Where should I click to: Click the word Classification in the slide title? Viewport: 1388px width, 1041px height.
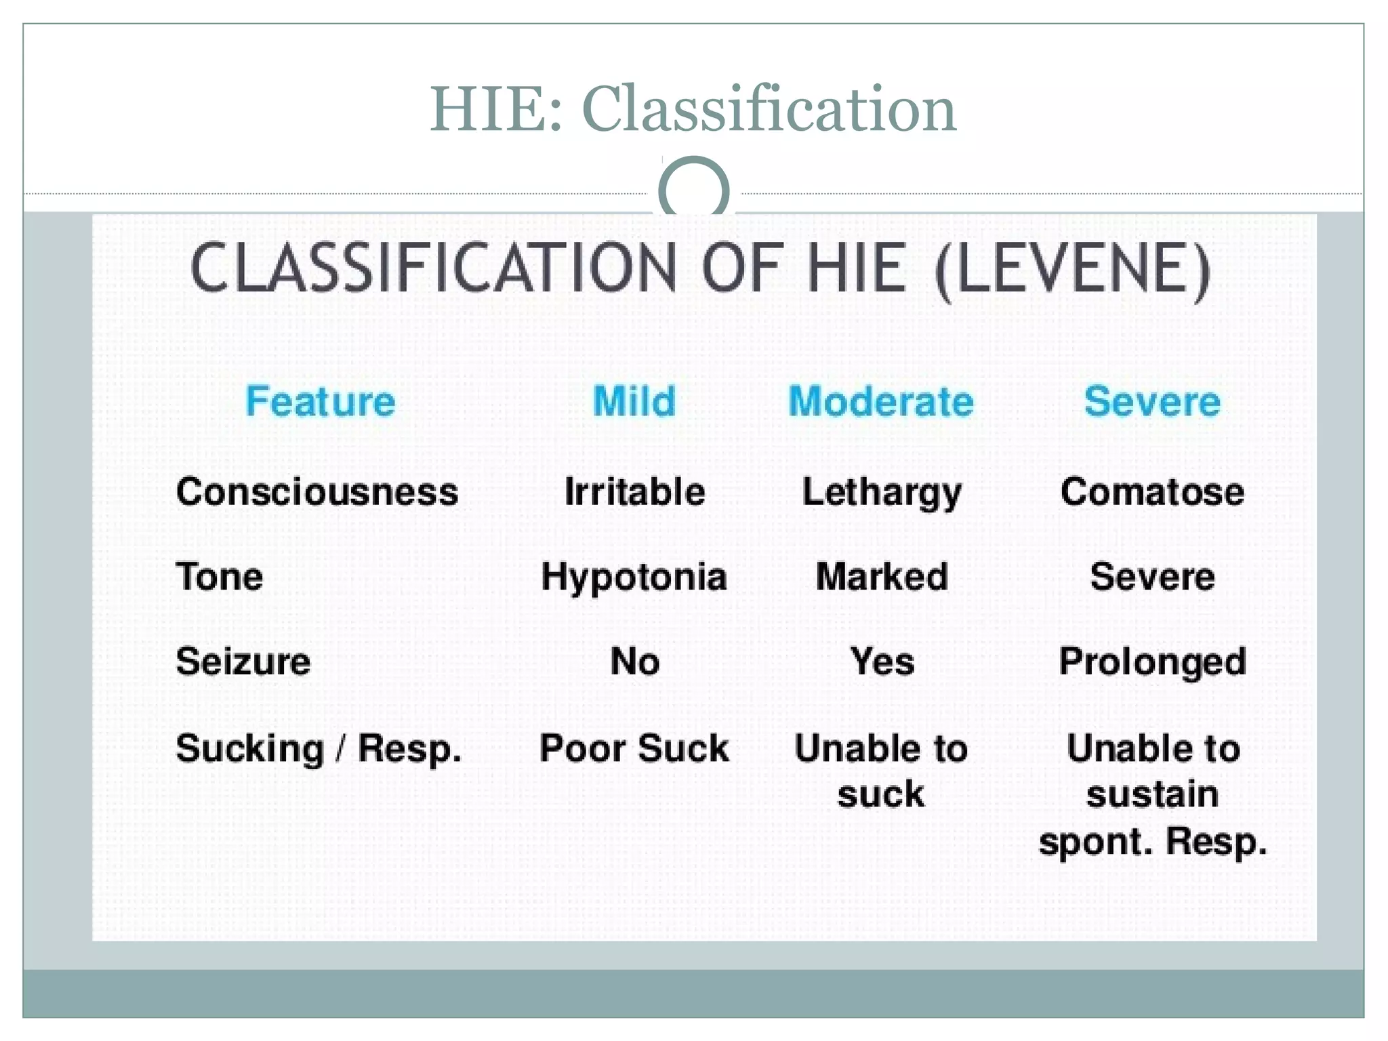pos(769,110)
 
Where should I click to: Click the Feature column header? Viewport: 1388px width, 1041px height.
pos(320,401)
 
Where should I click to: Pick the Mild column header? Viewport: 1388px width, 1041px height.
pos(634,401)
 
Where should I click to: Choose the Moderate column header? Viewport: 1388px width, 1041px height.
pos(881,401)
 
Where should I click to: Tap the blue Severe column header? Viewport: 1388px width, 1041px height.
pos(1152,401)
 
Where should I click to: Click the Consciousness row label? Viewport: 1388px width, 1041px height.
pos(317,491)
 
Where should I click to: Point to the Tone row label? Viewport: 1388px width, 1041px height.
pos(220,577)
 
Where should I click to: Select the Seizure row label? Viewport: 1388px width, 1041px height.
pos(243,661)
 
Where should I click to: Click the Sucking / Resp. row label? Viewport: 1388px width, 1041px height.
pos(319,750)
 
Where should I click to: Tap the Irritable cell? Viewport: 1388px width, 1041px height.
pos(634,491)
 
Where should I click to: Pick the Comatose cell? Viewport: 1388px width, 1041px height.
pos(1152,491)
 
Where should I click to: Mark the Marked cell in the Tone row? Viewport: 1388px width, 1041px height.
pos(882,577)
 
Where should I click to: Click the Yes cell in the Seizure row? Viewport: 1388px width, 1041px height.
pos(882,661)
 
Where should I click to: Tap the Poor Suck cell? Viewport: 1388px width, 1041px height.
pos(634,749)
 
